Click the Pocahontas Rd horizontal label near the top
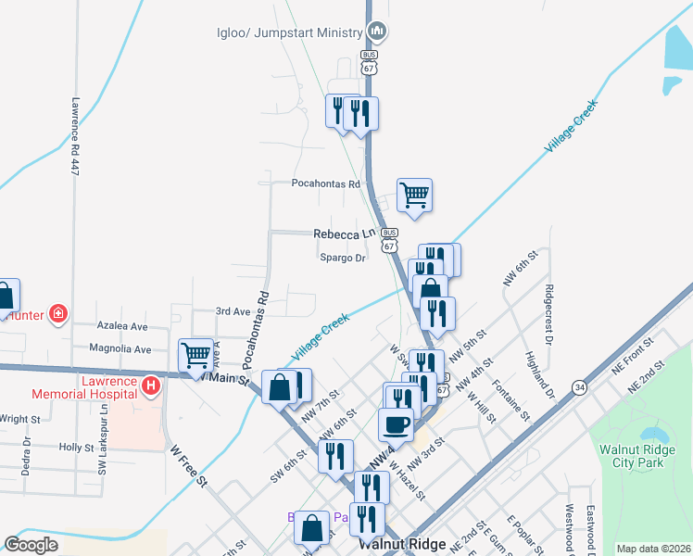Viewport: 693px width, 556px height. (325, 183)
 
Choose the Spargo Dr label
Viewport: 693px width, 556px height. (342, 259)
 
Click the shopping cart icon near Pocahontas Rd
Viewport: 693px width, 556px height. (414, 195)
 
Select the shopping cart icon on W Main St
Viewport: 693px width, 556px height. (196, 354)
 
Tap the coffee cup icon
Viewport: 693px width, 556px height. (396, 424)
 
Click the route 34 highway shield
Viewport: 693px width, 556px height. (579, 385)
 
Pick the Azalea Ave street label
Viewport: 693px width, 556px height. (124, 326)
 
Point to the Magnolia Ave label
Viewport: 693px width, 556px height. (120, 349)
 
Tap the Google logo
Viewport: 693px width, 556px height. (31, 545)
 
